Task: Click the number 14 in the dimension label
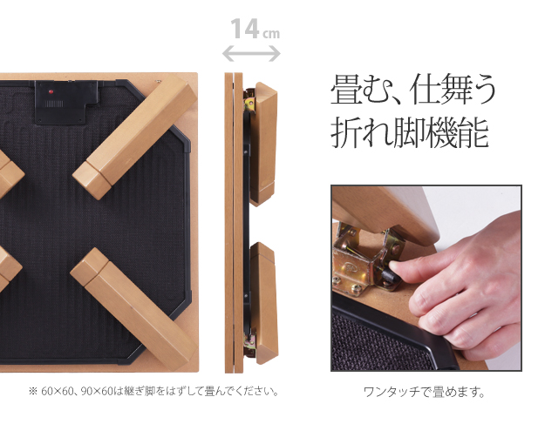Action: click(245, 29)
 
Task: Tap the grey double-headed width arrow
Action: click(251, 54)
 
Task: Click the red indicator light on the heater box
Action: click(51, 91)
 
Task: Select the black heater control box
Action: click(66, 103)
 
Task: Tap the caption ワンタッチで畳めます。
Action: click(424, 393)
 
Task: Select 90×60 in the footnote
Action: click(97, 392)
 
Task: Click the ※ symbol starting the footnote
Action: click(32, 392)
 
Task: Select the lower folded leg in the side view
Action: click(264, 303)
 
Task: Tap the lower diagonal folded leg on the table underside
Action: click(133, 304)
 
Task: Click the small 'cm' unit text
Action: click(271, 34)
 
